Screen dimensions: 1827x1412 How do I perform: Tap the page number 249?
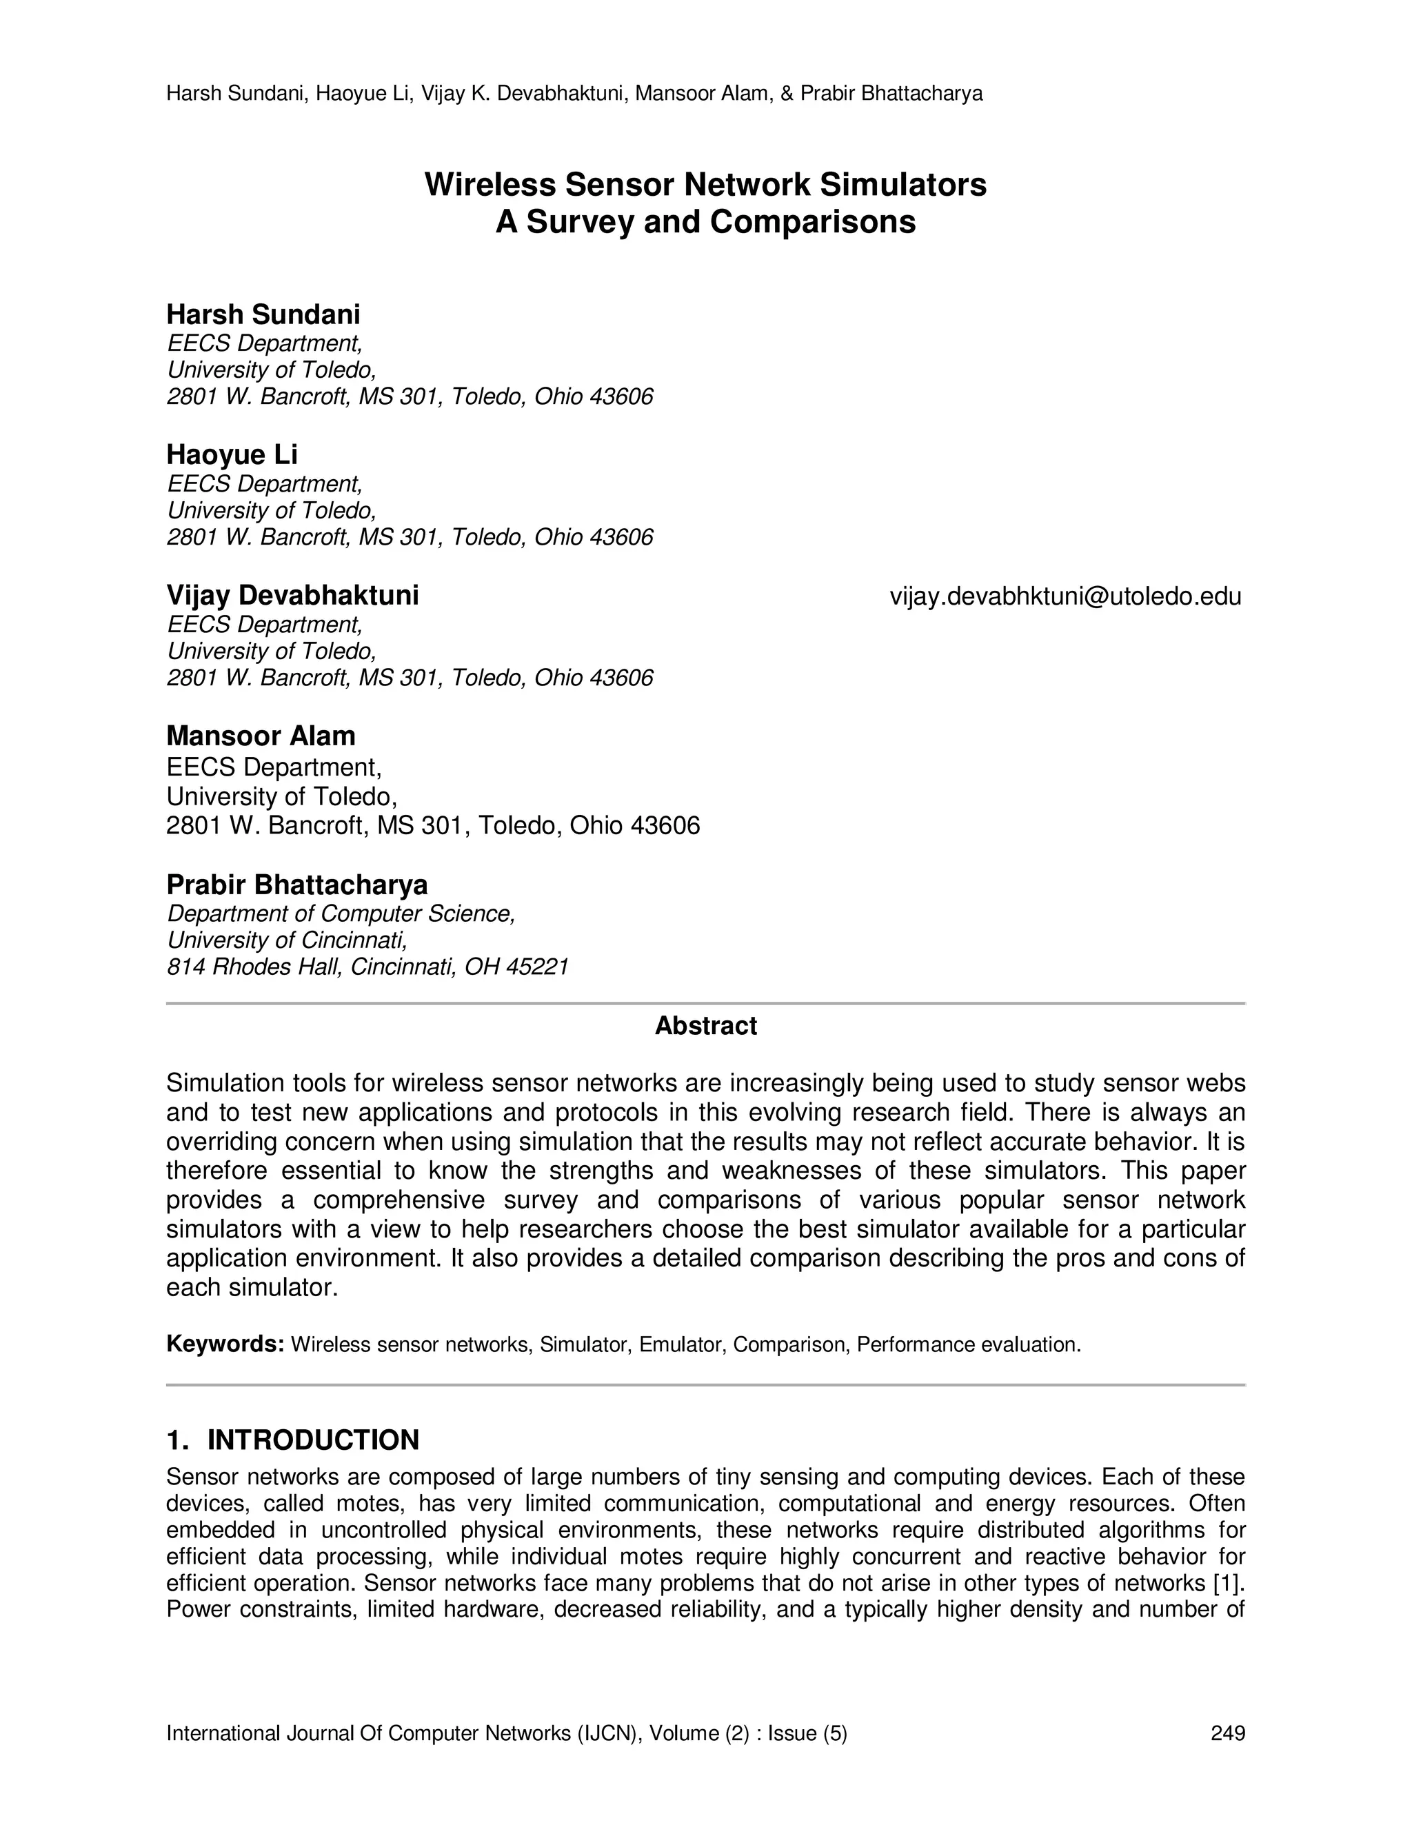[1228, 1733]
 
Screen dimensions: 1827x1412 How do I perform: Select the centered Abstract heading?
[705, 1026]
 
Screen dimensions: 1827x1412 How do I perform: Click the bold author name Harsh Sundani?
[263, 314]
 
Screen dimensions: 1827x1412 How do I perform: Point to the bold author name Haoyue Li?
[232, 454]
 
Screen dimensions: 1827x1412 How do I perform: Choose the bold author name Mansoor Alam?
[261, 736]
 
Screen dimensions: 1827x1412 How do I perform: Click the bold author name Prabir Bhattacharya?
[297, 885]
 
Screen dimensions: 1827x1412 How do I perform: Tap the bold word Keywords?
[225, 1344]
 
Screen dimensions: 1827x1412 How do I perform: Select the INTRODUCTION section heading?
[313, 1440]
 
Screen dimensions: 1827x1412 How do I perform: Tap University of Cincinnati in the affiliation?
[287, 940]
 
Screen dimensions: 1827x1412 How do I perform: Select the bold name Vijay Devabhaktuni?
[293, 596]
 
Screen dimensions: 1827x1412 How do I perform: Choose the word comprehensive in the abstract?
[399, 1200]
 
